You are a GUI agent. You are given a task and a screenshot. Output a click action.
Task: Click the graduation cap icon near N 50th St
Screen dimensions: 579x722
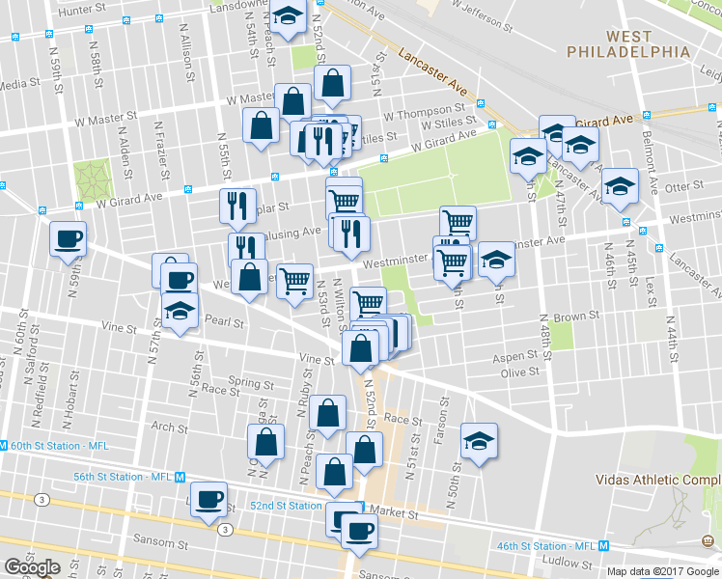click(479, 440)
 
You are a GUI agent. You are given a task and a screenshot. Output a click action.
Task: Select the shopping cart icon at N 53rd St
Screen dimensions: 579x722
click(295, 280)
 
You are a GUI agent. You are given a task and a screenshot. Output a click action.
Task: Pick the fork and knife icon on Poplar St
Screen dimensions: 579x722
click(236, 205)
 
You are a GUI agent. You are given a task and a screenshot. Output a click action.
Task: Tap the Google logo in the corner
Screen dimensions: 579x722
click(33, 567)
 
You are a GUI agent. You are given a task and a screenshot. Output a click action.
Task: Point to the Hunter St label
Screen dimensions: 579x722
click(80, 9)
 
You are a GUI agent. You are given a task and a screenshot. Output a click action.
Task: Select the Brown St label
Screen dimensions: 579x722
click(577, 316)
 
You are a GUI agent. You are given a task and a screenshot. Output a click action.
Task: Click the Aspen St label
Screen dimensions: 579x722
click(514, 356)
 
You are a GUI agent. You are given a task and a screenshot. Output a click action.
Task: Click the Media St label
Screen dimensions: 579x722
click(18, 85)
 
